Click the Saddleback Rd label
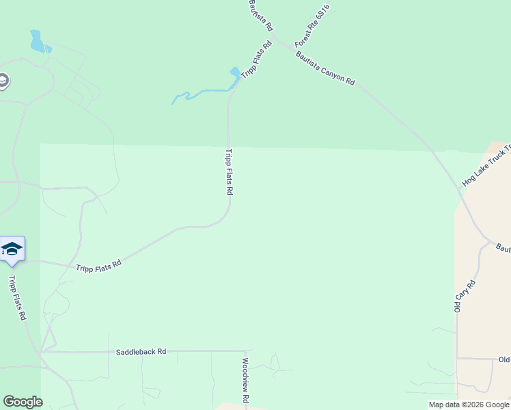(x=141, y=351)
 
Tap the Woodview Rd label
(x=245, y=379)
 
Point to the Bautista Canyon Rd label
(x=325, y=69)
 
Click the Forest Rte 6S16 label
(x=312, y=26)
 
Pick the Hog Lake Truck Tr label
(x=486, y=168)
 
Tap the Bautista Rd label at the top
(x=260, y=15)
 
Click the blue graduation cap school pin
(x=12, y=249)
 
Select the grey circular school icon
(x=2, y=81)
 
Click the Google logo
(x=23, y=402)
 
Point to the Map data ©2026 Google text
(x=468, y=405)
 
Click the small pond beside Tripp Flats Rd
(x=235, y=72)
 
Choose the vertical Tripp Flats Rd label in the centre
(x=229, y=172)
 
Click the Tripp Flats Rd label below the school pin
(x=17, y=298)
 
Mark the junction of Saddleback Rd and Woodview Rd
(x=245, y=351)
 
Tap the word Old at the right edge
(x=504, y=359)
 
